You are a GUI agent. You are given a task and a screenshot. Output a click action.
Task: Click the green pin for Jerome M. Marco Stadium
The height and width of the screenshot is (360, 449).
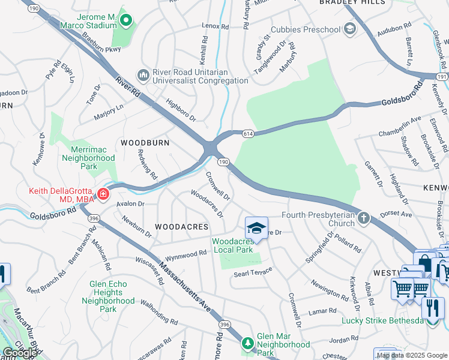pyautogui.click(x=125, y=22)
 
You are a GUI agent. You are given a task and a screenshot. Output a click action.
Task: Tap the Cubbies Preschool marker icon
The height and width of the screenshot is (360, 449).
pyautogui.click(x=349, y=29)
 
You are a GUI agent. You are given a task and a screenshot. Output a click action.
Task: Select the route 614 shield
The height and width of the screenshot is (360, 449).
pyautogui.click(x=247, y=134)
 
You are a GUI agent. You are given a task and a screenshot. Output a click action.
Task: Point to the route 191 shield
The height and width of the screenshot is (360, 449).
pyautogui.click(x=442, y=77)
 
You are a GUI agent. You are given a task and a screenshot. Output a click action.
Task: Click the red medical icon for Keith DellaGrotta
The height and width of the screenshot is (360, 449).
pyautogui.click(x=103, y=193)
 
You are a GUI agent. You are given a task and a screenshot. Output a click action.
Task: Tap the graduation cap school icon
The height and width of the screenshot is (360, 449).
pyautogui.click(x=256, y=229)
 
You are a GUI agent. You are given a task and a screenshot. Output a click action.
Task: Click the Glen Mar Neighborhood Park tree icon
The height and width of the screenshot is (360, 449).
pyautogui.click(x=247, y=344)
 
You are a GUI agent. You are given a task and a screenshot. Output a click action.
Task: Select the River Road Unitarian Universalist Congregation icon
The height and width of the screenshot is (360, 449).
pyautogui.click(x=143, y=74)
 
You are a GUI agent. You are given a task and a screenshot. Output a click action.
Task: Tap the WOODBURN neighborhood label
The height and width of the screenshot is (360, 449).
pyautogui.click(x=145, y=143)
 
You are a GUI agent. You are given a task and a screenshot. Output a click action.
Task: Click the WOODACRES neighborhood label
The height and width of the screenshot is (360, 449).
pyautogui.click(x=181, y=227)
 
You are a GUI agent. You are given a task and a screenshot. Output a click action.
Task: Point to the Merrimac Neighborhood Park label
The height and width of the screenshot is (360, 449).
pyautogui.click(x=88, y=158)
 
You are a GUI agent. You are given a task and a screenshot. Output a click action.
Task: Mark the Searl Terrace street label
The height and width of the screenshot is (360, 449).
pyautogui.click(x=253, y=272)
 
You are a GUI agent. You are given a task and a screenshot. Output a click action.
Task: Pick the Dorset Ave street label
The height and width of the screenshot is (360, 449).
pyautogui.click(x=397, y=213)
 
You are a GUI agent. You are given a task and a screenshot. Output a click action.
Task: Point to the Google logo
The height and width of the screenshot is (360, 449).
pyautogui.click(x=20, y=353)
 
